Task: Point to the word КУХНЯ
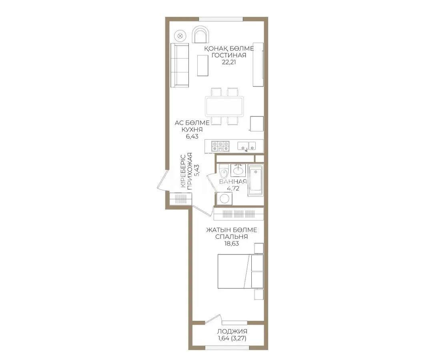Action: tap(192, 130)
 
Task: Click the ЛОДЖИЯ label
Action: tap(232, 331)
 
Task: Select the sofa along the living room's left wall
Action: tap(180, 65)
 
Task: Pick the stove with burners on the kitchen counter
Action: tap(221, 146)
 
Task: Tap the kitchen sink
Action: tap(247, 145)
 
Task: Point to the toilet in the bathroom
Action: tap(224, 172)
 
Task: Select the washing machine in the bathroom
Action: tap(224, 199)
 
